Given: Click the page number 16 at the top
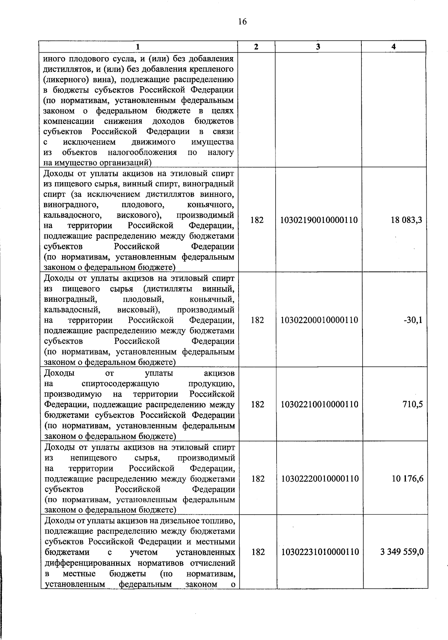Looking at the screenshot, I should click(242, 22).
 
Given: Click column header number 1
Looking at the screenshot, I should click(138, 47).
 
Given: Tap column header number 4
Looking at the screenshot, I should click(393, 47).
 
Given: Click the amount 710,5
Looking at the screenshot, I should click(413, 404).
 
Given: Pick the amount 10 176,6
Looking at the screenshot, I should click(407, 479).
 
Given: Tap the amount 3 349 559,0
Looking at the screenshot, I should click(402, 552).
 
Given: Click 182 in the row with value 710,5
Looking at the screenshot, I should click(258, 404).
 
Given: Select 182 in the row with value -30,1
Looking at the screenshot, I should click(257, 320).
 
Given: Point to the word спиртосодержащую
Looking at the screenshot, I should click(120, 384).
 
